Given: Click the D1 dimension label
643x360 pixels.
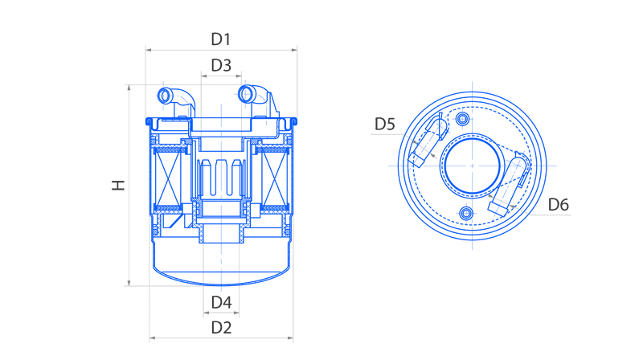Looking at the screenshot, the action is [220, 39].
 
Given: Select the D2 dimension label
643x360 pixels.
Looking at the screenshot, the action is [221, 328].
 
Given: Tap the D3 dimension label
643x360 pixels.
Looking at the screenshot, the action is [221, 65].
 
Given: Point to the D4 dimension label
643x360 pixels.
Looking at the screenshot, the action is [222, 303].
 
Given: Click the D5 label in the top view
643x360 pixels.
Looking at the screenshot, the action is [385, 124].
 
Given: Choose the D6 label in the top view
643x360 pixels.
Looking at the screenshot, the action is [559, 205].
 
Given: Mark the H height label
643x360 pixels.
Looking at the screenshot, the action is [118, 185].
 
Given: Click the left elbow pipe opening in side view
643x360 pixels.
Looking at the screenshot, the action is [165, 96].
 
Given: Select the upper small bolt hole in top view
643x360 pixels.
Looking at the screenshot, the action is [463, 119].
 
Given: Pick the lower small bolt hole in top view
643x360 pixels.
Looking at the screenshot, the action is [466, 213].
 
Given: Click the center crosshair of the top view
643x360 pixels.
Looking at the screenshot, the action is [473, 166].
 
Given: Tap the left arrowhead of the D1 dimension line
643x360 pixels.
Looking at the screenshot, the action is [149, 50].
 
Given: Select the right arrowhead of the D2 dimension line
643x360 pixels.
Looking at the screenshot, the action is [290, 338].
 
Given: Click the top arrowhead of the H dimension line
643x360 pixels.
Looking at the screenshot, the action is [129, 88].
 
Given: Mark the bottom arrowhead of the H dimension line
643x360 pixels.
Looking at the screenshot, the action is [129, 283].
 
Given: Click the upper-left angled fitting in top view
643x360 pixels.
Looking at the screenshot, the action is [428, 141].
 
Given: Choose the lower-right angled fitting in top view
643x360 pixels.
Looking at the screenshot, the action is [509, 186].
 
